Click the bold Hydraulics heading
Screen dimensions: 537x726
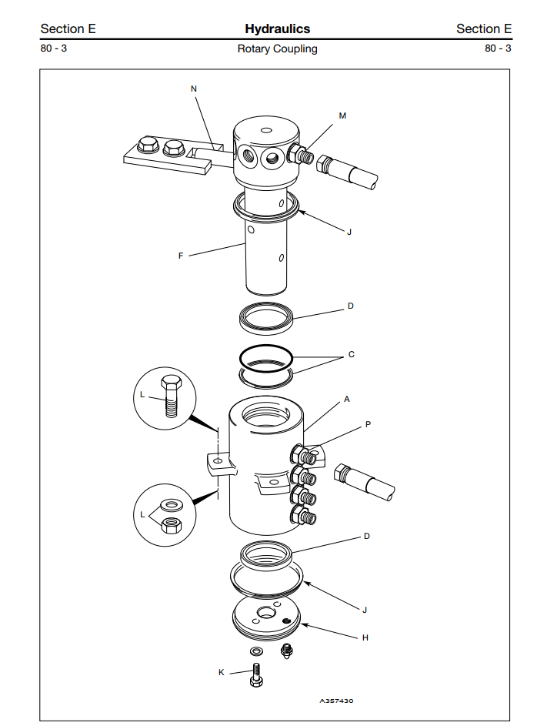click(278, 28)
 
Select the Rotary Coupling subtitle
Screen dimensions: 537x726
click(278, 49)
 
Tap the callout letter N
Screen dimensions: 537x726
click(194, 89)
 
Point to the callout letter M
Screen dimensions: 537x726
click(342, 115)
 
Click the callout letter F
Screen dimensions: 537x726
click(181, 256)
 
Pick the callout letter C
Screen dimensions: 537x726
click(351, 355)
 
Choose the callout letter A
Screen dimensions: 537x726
click(347, 399)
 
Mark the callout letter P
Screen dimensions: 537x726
click(369, 424)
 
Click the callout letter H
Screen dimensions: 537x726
click(365, 637)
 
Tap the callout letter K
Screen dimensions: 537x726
click(221, 672)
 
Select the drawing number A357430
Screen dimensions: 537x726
click(336, 701)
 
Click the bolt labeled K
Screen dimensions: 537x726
click(256, 675)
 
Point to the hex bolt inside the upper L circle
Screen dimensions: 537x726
click(171, 396)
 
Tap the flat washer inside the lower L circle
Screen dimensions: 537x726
click(171, 504)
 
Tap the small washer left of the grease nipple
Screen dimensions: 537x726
click(255, 651)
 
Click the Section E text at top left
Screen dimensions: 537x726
click(68, 28)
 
